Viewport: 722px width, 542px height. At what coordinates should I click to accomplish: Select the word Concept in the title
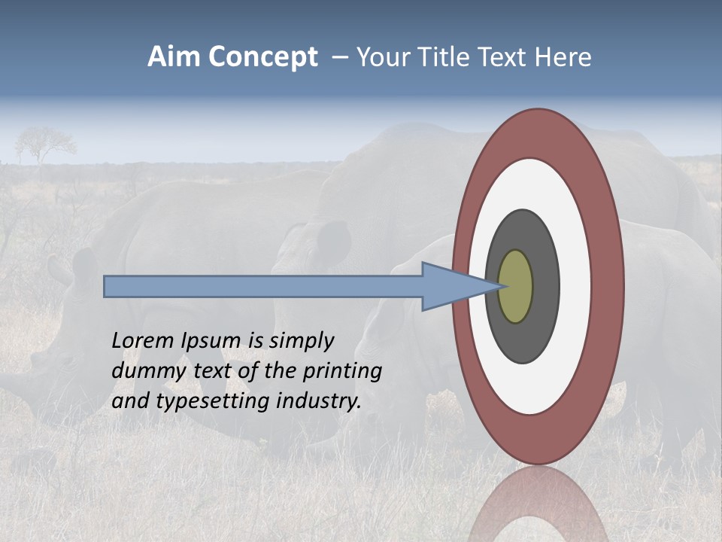pos(262,58)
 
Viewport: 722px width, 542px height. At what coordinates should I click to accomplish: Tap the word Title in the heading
pos(452,57)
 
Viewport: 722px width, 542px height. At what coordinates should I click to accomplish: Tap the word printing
pos(342,372)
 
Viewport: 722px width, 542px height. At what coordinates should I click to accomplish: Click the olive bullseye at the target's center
pos(516,286)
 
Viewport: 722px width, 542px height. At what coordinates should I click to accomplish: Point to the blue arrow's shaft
pos(263,287)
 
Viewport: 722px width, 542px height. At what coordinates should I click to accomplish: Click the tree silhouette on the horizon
pos(45,143)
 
